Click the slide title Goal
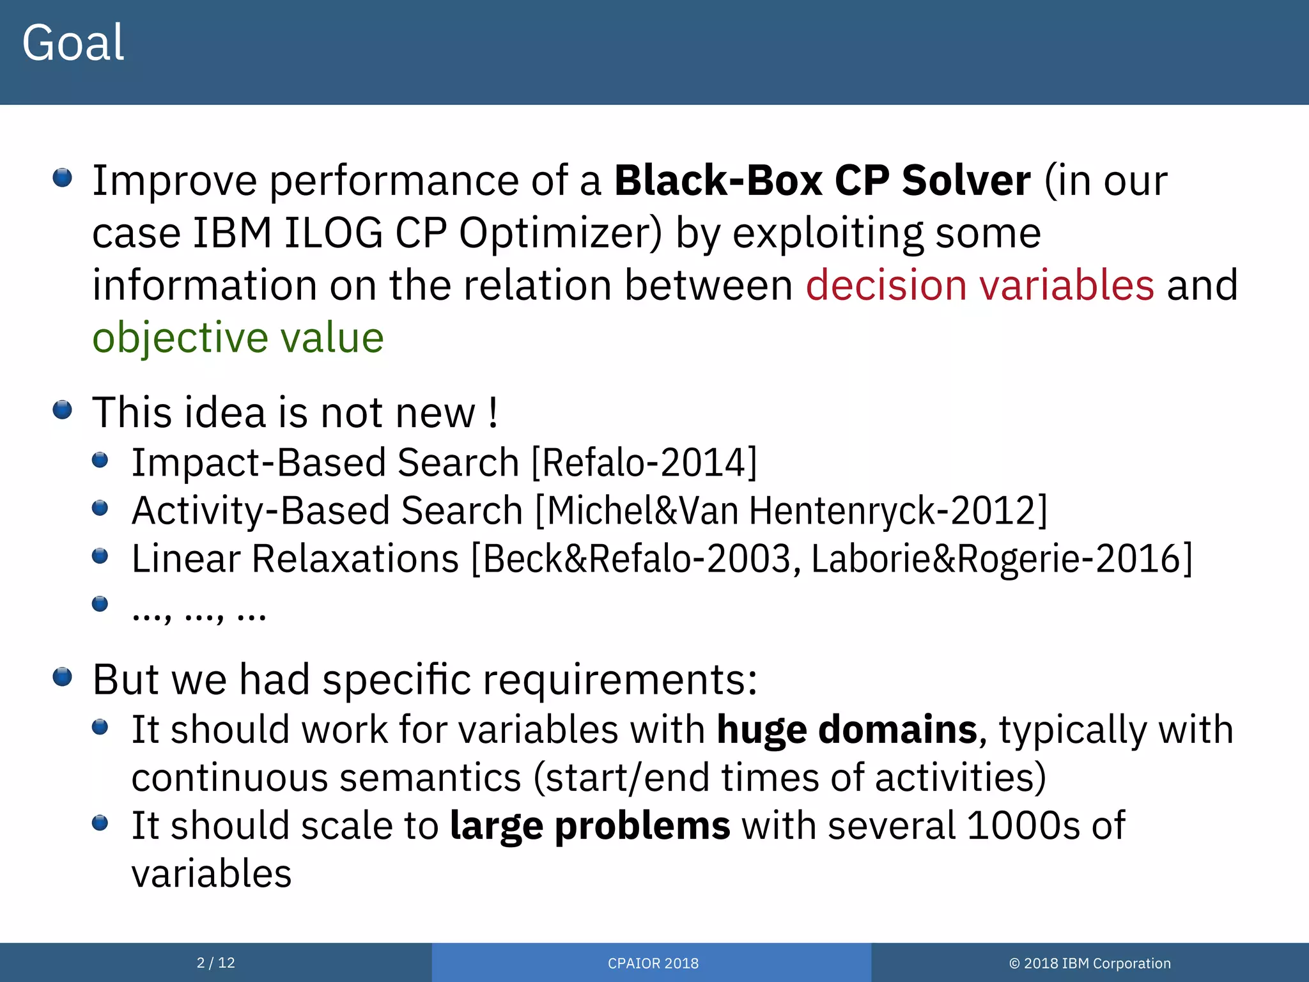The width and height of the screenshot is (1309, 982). pos(73,43)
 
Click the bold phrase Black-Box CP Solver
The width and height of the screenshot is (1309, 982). pos(822,181)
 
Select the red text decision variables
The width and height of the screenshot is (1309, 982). pos(979,285)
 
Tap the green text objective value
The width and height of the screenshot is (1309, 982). pos(238,338)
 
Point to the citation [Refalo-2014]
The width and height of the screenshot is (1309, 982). pos(644,462)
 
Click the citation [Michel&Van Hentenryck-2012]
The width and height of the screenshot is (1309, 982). pos(791,511)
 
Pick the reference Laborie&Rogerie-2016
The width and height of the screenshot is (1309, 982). pos(1001,559)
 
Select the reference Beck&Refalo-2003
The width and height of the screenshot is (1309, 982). pos(636,559)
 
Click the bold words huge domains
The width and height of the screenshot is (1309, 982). pos(847,729)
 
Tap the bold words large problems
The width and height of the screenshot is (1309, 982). pos(589,825)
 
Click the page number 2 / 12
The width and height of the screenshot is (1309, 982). pos(215,963)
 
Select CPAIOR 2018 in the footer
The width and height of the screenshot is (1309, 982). pos(653,963)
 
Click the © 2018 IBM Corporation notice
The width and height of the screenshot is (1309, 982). pos(1089,963)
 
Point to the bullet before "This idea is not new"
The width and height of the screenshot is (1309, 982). pos(62,410)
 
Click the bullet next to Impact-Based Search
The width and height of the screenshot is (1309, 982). pos(100,460)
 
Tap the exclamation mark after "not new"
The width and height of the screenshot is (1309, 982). pos(492,414)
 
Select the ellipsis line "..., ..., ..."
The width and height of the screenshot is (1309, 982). pos(199,614)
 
